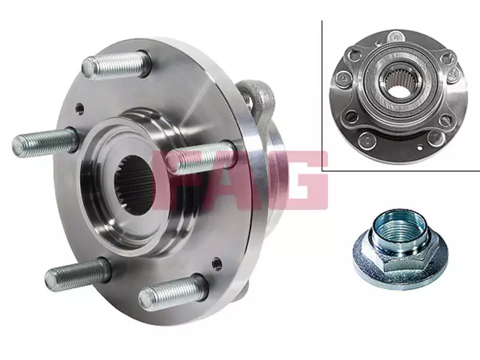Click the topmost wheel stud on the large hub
(x=115, y=66)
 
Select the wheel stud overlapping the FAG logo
(x=201, y=157)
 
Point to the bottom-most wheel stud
(x=173, y=291)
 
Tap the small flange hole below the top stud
(x=79, y=108)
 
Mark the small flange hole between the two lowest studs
(x=217, y=263)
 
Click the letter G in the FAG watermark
(x=303, y=180)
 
